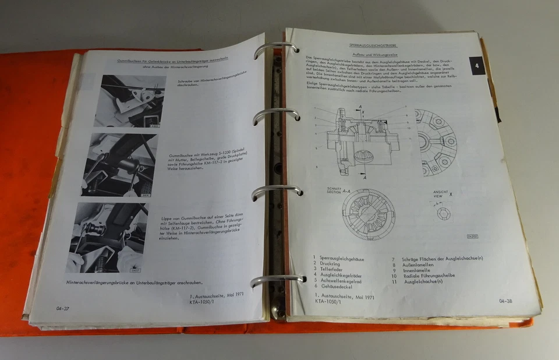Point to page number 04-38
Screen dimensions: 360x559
(505, 301)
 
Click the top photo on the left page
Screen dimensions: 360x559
(129, 101)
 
